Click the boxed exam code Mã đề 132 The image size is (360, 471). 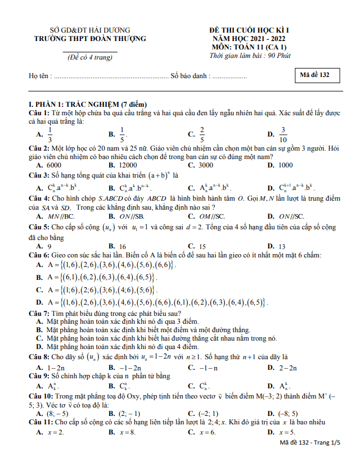(x=317, y=75)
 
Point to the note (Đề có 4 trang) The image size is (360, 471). (x=90, y=58)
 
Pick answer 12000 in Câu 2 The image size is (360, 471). (x=130, y=165)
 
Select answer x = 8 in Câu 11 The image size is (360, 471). (x=127, y=432)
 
